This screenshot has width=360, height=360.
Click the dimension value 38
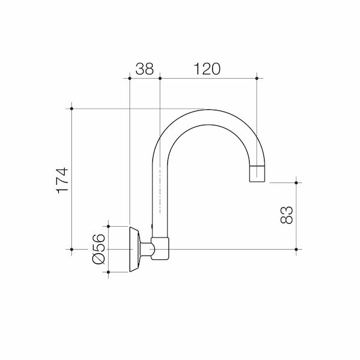coord(145,68)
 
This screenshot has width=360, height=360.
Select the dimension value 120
coord(207,68)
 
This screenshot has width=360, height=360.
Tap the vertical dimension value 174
coord(62,181)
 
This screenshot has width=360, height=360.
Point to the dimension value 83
coord(287,215)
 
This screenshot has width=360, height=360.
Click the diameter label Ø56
coord(99,249)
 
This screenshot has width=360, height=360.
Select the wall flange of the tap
coord(135,250)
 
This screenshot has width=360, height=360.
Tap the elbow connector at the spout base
coord(160,248)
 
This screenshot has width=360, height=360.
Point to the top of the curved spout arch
coord(208,110)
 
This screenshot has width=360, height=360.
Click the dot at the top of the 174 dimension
coord(71,109)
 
